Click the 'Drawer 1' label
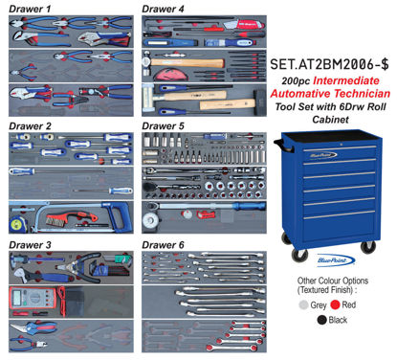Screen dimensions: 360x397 pos(30,9)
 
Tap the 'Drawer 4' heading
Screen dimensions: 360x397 pos(164,9)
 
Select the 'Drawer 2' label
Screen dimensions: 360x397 pos(30,125)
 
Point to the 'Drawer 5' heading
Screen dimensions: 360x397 pos(164,125)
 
